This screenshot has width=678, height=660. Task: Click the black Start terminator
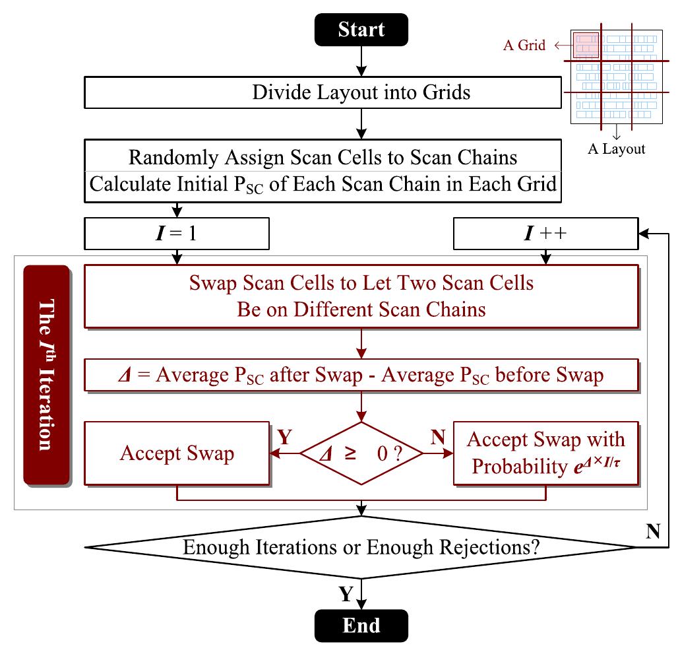pyautogui.click(x=361, y=30)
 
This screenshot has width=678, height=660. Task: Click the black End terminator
pyautogui.click(x=361, y=625)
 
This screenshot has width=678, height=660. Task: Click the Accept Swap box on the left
pyautogui.click(x=177, y=453)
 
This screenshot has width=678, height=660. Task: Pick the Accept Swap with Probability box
pyautogui.click(x=546, y=452)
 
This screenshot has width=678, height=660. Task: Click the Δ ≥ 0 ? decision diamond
pyautogui.click(x=361, y=453)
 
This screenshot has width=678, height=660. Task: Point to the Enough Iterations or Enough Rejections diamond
pyautogui.click(x=361, y=547)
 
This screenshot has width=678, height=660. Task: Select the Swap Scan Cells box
pyautogui.click(x=361, y=296)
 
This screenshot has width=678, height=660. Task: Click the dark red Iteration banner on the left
pyautogui.click(x=46, y=375)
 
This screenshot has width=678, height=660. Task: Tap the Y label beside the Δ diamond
pyautogui.click(x=285, y=438)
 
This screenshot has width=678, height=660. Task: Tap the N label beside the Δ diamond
pyautogui.click(x=437, y=438)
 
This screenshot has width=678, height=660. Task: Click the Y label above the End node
pyautogui.click(x=346, y=595)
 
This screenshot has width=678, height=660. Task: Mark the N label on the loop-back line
pyautogui.click(x=654, y=531)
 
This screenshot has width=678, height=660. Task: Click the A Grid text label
pyautogui.click(x=524, y=46)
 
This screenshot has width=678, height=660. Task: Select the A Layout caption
pyautogui.click(x=616, y=148)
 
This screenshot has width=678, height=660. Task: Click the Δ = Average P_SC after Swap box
pyautogui.click(x=361, y=376)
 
